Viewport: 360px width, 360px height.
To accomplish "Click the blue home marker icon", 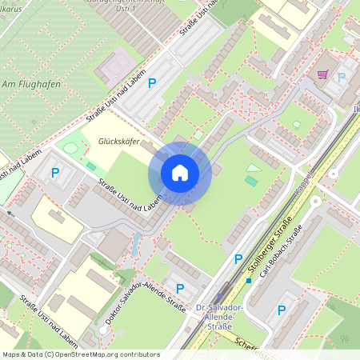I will [179, 173].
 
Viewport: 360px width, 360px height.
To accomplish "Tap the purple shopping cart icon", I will [322, 74].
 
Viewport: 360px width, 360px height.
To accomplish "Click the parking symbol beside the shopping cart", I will [342, 78].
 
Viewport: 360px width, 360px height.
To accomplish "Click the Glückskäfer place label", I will [118, 142].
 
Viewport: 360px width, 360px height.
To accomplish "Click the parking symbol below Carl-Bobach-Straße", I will [280, 311].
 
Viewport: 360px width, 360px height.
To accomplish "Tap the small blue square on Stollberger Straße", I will [249, 280].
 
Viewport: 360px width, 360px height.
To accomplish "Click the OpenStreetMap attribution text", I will [80, 354].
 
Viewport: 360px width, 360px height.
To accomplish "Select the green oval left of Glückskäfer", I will [71, 148].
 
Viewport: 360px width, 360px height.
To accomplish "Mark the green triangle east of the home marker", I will [254, 169].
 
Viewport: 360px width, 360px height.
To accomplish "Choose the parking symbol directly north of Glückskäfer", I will [152, 82].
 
